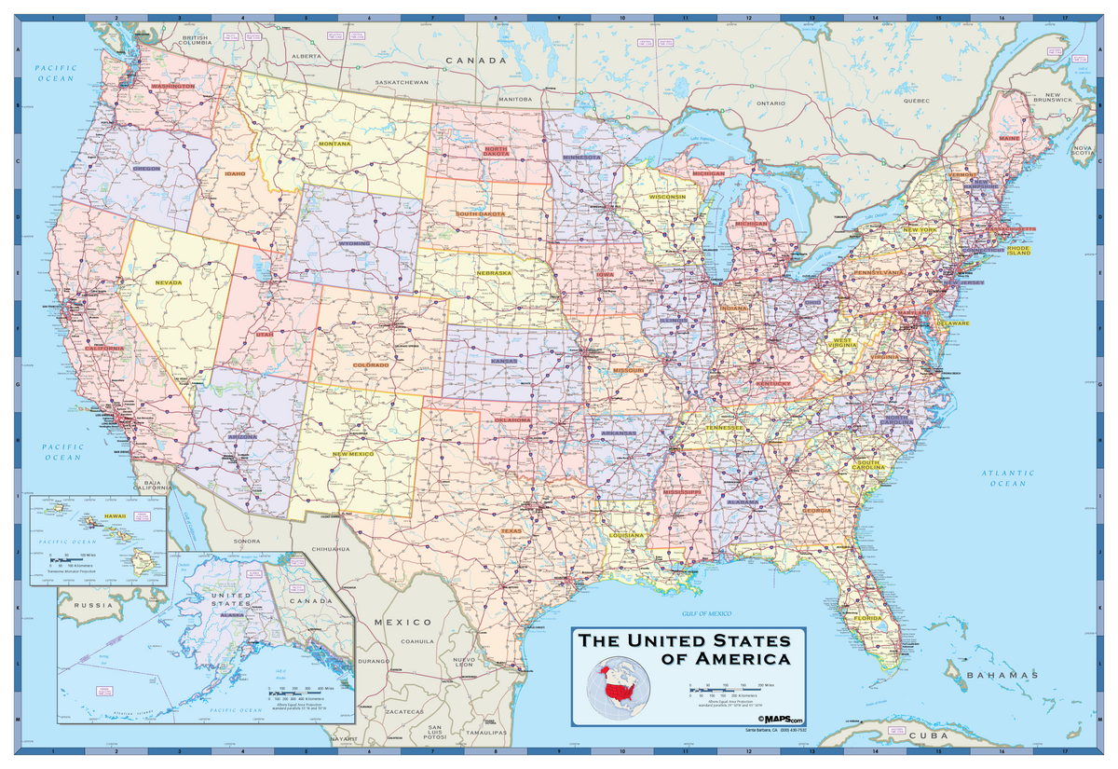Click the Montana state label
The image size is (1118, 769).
(x=334, y=144)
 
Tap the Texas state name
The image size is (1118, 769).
(x=511, y=531)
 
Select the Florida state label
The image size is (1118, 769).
(x=867, y=618)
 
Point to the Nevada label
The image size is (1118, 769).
(x=169, y=282)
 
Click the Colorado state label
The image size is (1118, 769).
(x=371, y=364)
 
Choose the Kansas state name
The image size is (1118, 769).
(x=504, y=361)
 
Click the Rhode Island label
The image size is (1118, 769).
(x=1018, y=251)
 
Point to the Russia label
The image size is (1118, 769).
(x=94, y=605)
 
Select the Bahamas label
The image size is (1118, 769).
(x=1001, y=675)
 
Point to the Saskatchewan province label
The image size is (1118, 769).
(x=401, y=82)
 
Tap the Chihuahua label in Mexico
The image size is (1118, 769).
(x=330, y=550)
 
